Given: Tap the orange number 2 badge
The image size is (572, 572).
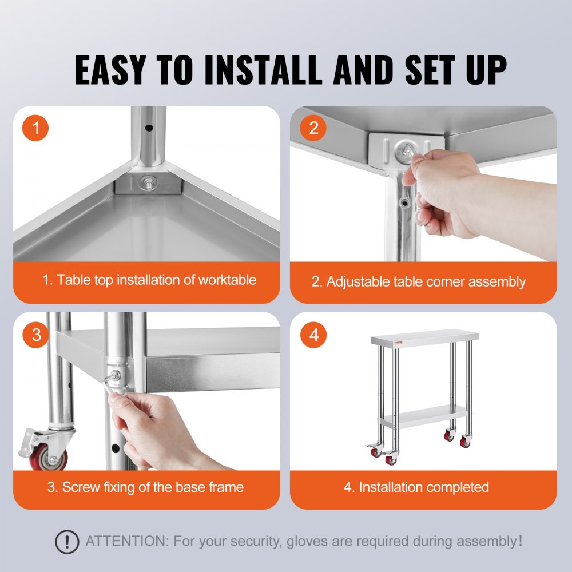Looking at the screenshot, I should tap(313, 128).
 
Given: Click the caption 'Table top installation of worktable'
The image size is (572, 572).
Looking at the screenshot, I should tap(149, 280).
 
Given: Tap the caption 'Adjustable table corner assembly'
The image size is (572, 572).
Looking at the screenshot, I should tap(418, 281).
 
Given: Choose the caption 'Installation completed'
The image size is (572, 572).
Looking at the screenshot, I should tap(416, 487).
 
